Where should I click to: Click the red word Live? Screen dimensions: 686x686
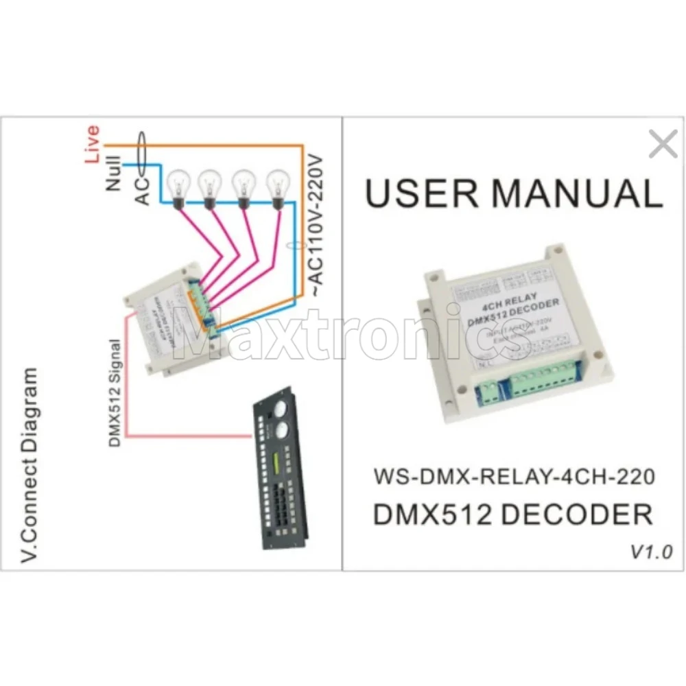click(x=93, y=143)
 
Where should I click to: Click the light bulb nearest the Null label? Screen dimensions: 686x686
click(x=178, y=185)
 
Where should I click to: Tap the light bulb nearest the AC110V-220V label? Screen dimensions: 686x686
click(x=278, y=185)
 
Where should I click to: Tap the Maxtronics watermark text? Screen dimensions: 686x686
click(x=350, y=336)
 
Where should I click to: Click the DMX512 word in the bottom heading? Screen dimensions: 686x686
click(x=431, y=514)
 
